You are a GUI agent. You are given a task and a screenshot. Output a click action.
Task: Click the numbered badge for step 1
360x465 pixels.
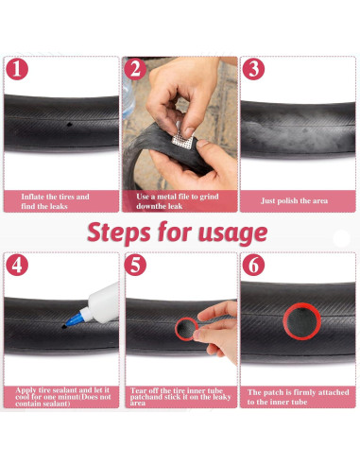click(17, 69)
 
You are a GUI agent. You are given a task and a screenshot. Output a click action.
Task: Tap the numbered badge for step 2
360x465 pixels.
click(135, 69)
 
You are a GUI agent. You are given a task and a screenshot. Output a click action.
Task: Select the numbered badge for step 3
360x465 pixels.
click(253, 69)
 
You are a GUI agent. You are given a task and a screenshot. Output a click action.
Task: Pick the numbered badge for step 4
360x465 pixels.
click(17, 265)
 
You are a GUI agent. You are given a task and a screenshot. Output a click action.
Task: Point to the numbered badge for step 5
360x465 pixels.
click(135, 265)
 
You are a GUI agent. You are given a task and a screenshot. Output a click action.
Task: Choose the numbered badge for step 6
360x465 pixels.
click(253, 265)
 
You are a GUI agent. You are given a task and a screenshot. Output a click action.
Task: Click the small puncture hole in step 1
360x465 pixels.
click(69, 125)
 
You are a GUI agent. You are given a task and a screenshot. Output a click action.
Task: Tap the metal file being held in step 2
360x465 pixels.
click(182, 140)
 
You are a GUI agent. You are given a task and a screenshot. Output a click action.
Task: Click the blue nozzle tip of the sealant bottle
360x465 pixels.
click(74, 320)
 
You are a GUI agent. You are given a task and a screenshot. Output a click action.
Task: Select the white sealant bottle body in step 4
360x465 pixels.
click(103, 303)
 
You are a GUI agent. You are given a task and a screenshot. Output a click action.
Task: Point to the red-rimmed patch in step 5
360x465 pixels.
click(186, 329)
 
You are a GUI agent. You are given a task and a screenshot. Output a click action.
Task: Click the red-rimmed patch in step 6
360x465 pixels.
click(301, 321)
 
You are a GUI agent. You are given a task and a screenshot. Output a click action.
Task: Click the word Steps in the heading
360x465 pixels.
click(119, 232)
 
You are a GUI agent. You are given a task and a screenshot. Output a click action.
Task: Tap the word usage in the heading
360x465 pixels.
click(232, 234)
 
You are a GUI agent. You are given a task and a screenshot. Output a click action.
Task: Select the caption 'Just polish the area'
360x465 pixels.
click(294, 201)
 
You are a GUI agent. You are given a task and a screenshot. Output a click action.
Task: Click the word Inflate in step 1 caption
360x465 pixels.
click(32, 197)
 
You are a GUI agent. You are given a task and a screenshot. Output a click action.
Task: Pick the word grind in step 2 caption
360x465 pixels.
click(209, 197)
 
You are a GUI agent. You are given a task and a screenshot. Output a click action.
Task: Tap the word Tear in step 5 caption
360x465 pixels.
click(139, 390)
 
